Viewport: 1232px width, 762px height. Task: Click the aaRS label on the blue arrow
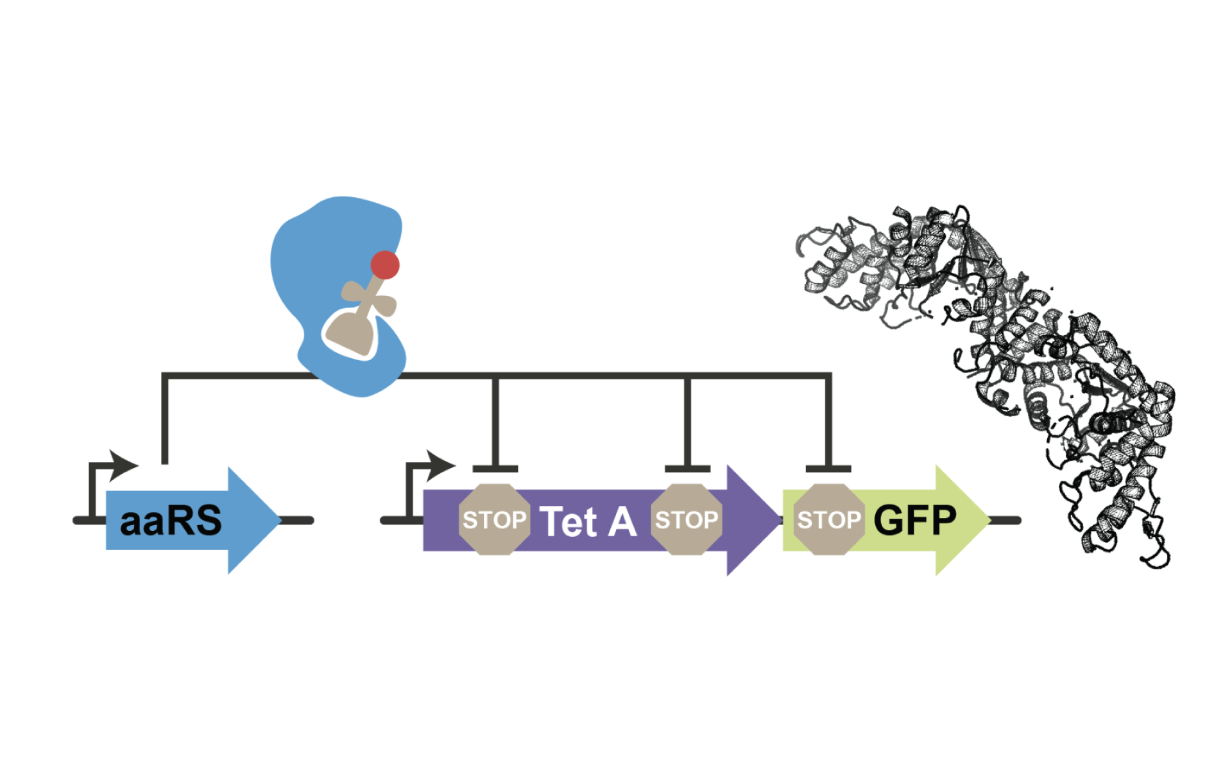click(171, 521)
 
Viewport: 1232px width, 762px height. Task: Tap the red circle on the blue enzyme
click(385, 264)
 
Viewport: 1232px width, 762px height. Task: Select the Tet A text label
click(588, 521)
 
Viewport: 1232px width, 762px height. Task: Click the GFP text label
click(915, 520)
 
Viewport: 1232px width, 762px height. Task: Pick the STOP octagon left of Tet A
click(494, 519)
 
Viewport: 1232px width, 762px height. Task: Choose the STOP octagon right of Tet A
click(687, 519)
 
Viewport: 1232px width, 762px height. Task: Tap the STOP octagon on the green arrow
click(828, 519)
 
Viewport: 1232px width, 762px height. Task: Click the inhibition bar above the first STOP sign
click(495, 469)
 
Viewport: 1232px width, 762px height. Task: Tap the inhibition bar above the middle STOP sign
click(687, 469)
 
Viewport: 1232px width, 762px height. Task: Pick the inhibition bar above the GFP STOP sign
click(828, 469)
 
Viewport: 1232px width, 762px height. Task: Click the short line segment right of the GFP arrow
click(1005, 520)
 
